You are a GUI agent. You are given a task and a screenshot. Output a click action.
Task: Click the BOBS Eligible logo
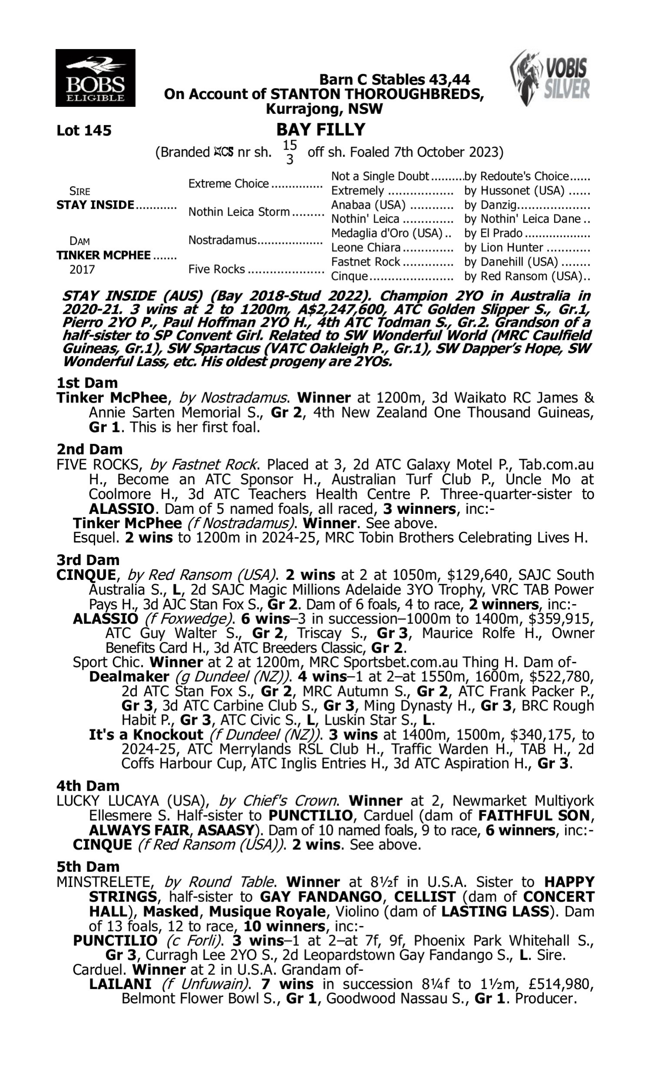coord(95,78)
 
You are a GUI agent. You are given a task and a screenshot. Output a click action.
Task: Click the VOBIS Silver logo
coord(550,78)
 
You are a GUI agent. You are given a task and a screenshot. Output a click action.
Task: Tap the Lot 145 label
coord(84,130)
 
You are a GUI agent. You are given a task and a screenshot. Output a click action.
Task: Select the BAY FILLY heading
coord(321,130)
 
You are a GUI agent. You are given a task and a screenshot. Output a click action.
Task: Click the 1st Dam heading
coord(87,383)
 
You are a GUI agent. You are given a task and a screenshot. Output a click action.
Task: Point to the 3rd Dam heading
coord(88,560)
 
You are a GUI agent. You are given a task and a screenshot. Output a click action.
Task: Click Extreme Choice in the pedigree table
coord(228,184)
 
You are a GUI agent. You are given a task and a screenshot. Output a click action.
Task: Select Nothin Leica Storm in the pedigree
coord(239,212)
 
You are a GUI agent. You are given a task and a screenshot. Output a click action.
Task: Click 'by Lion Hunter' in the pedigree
coord(503,248)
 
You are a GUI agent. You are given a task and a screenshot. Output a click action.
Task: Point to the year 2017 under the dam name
coord(82,270)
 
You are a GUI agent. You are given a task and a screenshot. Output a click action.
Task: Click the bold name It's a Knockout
coord(146,735)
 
